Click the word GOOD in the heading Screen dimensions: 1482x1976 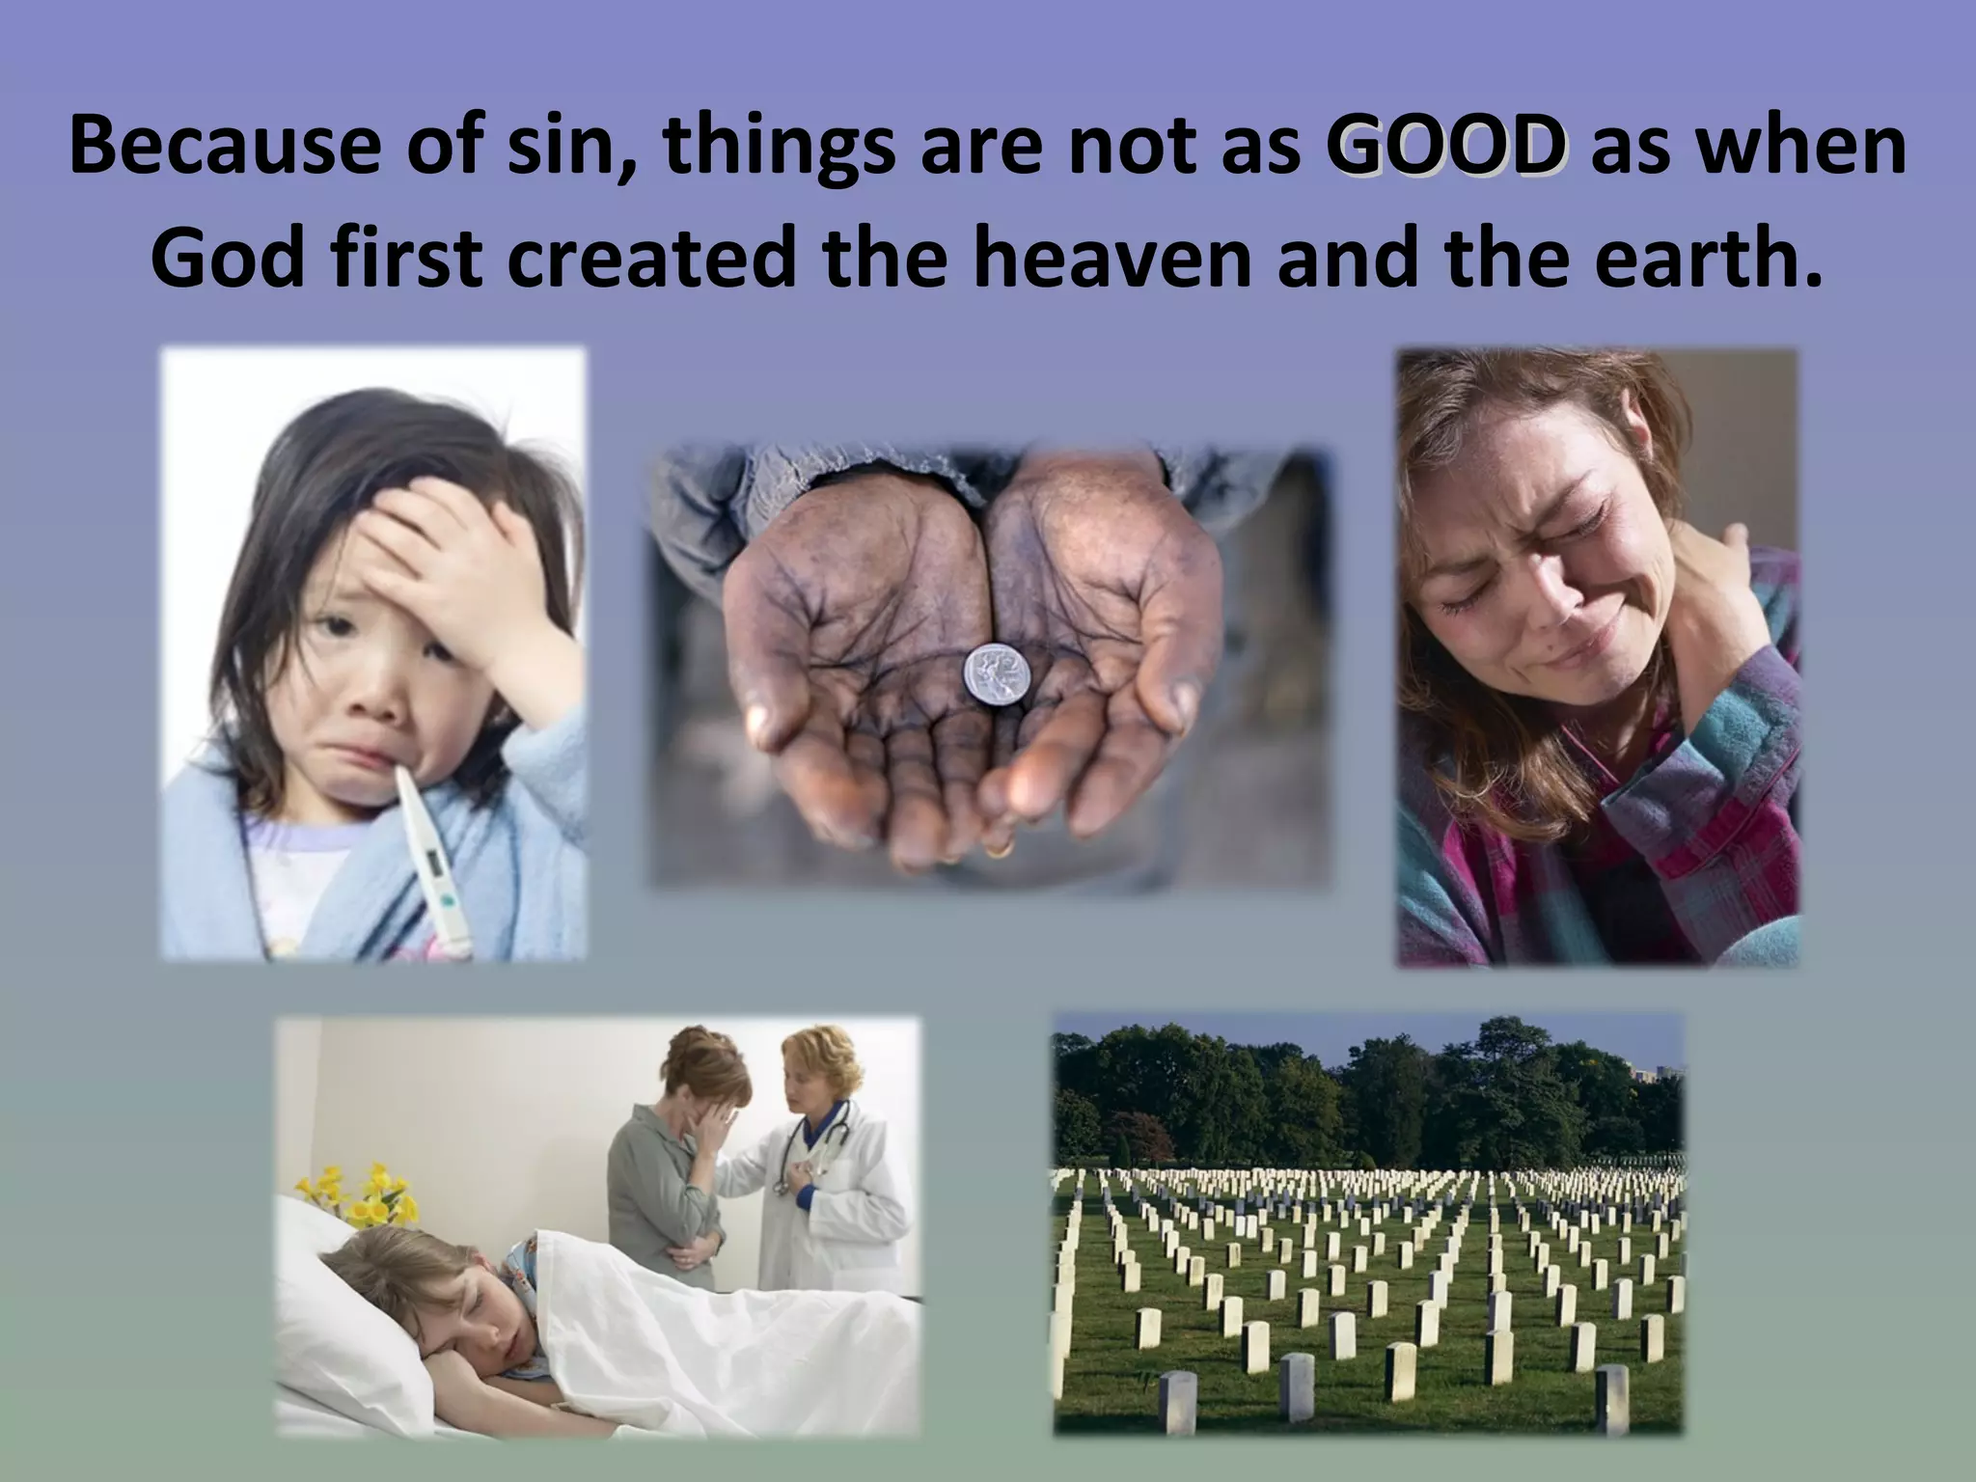click(x=1445, y=148)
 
